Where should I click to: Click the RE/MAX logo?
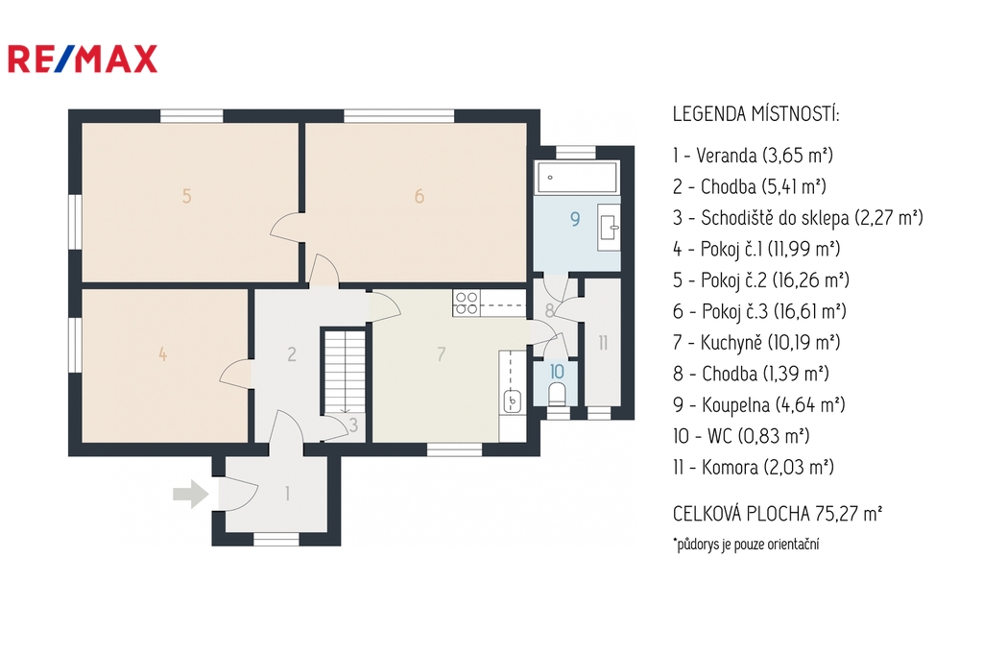click(83, 59)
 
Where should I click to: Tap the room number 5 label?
click(187, 196)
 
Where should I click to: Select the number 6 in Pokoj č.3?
click(420, 196)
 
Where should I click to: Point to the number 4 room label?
click(163, 354)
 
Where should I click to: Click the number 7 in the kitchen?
click(442, 354)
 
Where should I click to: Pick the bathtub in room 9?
click(576, 178)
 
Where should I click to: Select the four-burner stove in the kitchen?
click(467, 303)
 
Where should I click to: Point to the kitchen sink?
click(513, 400)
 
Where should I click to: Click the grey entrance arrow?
click(191, 494)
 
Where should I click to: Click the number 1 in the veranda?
click(287, 494)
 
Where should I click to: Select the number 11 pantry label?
click(603, 343)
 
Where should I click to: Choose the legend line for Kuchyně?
click(756, 343)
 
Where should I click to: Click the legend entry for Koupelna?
click(758, 404)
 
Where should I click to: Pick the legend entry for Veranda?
click(753, 155)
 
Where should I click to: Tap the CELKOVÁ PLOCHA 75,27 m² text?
click(778, 514)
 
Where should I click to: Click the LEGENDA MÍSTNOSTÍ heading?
click(755, 114)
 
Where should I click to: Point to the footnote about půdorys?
click(746, 544)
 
